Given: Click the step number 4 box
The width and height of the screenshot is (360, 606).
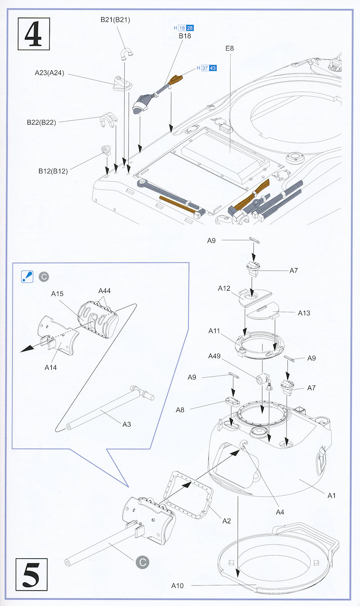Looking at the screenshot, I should pyautogui.click(x=33, y=33).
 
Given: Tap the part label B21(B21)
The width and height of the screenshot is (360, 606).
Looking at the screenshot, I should pyautogui.click(x=115, y=19).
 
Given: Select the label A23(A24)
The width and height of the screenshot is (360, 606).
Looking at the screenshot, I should pyautogui.click(x=49, y=73).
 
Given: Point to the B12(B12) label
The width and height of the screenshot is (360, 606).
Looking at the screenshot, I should pyautogui.click(x=53, y=171).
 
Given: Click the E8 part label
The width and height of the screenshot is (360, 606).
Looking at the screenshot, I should pyautogui.click(x=230, y=48).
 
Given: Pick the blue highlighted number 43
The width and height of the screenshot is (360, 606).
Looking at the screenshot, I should pyautogui.click(x=213, y=68).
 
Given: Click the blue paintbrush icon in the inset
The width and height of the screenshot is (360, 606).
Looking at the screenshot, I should pyautogui.click(x=27, y=276).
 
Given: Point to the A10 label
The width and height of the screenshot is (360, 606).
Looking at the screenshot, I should pyautogui.click(x=178, y=586).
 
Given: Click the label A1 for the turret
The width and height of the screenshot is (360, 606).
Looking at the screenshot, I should pyautogui.click(x=332, y=495).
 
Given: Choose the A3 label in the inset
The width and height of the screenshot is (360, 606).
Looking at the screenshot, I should pyautogui.click(x=126, y=424).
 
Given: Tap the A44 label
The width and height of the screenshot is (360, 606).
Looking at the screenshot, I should pyautogui.click(x=105, y=291).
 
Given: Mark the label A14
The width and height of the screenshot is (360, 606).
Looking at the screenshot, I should pyautogui.click(x=50, y=368).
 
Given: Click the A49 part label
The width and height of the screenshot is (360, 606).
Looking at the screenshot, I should pyautogui.click(x=215, y=356).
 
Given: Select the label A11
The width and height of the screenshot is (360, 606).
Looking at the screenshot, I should pyautogui.click(x=214, y=331).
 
